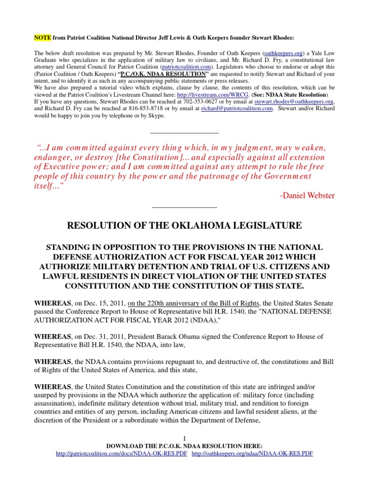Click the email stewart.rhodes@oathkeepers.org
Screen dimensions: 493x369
[x=295, y=102]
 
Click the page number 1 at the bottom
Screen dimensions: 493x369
[x=184, y=437]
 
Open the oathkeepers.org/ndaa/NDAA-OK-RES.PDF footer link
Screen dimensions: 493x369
[x=252, y=453]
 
